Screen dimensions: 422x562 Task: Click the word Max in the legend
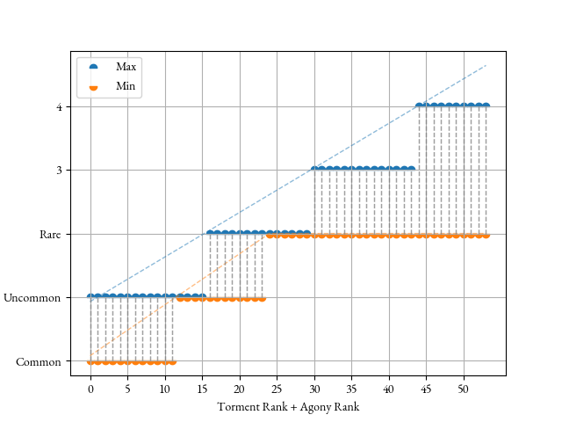pos(126,67)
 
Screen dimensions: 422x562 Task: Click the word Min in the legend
pos(126,86)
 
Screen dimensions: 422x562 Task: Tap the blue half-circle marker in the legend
pos(93,67)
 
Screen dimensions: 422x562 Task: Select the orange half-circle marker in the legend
pos(93,87)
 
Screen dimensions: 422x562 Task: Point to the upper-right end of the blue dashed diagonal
pos(486,65)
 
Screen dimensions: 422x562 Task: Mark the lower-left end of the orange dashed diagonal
pos(90,355)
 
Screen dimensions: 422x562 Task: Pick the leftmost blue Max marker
pos(90,295)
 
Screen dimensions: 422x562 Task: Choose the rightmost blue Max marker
pos(486,105)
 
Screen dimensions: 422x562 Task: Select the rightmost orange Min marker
pos(486,236)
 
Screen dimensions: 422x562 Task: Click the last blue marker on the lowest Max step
pos(203,295)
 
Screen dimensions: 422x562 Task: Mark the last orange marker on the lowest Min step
pos(173,362)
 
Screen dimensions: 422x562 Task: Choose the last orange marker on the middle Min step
pos(263,299)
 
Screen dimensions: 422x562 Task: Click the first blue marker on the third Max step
pos(314,168)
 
